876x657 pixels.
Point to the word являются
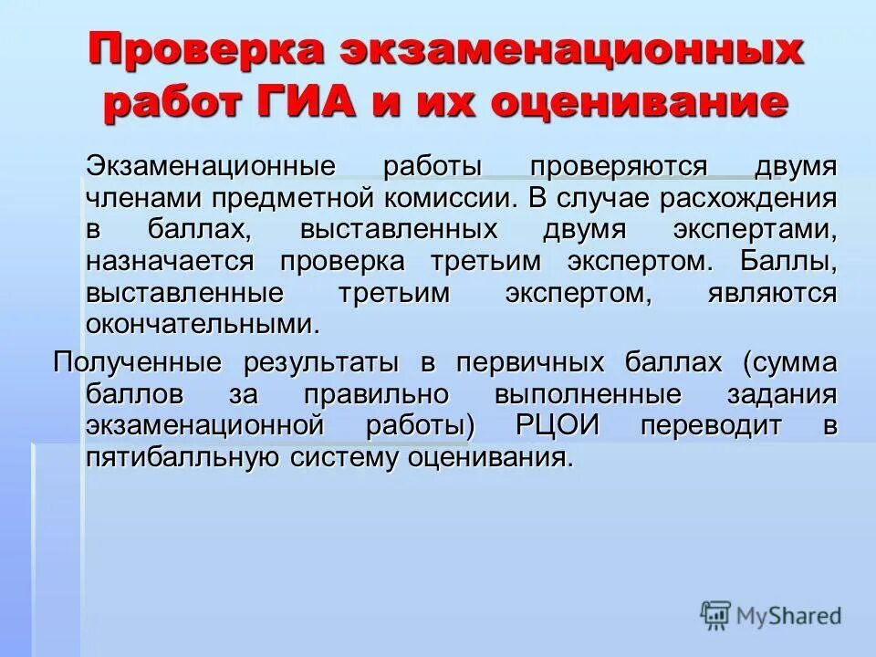click(x=771, y=292)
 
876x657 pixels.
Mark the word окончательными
click(x=203, y=323)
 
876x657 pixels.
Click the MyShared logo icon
click(x=716, y=615)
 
